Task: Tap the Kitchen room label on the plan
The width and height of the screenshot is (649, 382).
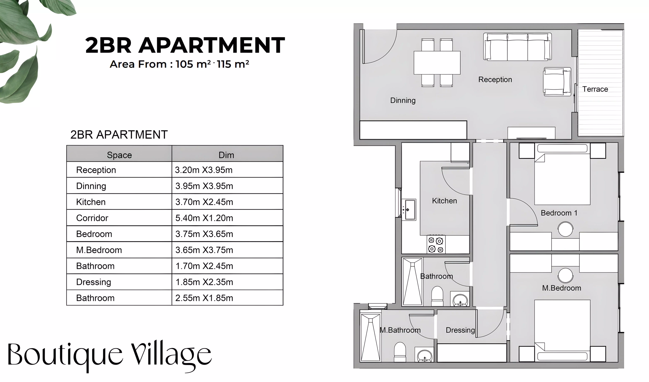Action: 445,201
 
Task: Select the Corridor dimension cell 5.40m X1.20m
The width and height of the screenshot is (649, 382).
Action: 204,218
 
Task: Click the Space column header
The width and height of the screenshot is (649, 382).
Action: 119,155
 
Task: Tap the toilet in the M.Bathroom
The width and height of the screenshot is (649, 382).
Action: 400,352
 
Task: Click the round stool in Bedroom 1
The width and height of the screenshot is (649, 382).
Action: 565,229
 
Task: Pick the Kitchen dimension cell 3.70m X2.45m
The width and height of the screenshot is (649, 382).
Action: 204,202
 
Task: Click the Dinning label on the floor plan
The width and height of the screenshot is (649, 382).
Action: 403,100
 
